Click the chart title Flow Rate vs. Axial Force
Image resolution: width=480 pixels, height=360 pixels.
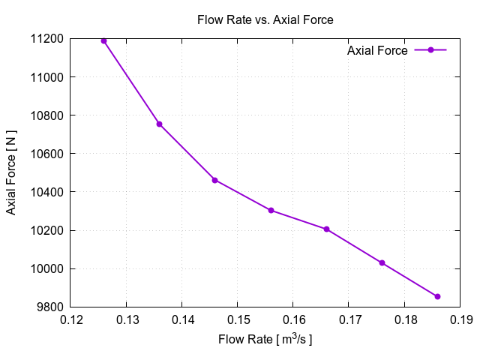tap(265, 19)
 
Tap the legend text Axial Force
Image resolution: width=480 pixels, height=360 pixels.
tap(377, 51)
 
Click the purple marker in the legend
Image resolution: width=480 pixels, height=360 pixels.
tap(430, 50)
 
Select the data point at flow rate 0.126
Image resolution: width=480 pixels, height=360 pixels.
tap(103, 40)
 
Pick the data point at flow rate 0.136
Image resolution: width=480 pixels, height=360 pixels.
tap(159, 124)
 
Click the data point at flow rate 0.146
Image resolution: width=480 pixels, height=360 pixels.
tap(214, 180)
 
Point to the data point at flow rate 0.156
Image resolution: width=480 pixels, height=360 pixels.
tap(271, 210)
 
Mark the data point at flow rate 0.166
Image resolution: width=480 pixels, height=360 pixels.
tap(326, 229)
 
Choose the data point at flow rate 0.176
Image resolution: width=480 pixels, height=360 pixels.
tap(382, 262)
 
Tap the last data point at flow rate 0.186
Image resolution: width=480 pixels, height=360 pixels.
tap(437, 296)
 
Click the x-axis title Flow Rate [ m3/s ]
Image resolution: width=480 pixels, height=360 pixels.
tap(265, 340)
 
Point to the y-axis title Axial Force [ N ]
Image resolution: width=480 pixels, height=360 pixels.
tap(11, 172)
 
